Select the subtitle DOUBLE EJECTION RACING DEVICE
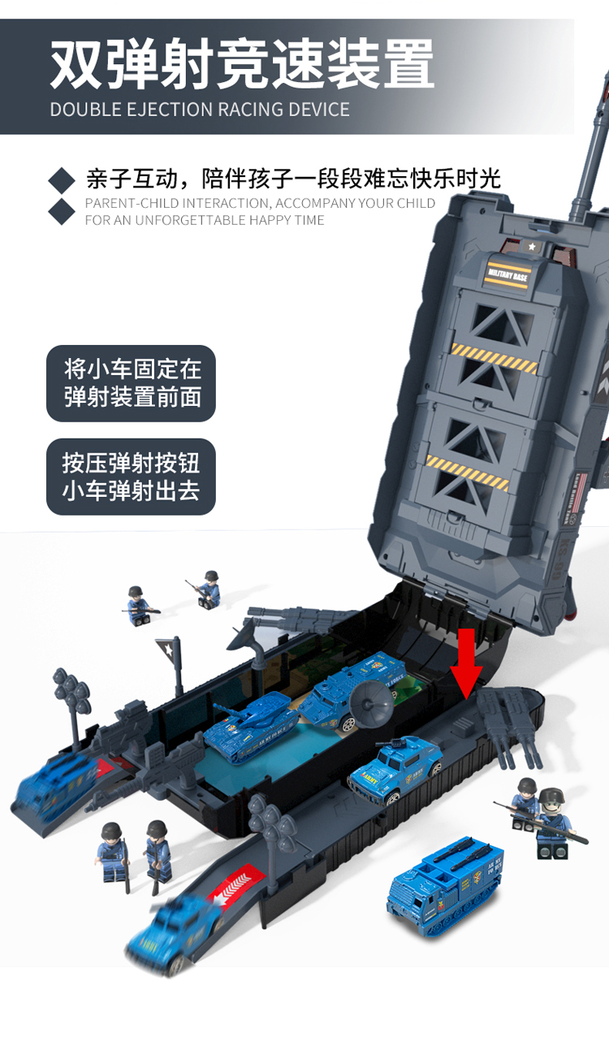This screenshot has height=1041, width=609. [200, 110]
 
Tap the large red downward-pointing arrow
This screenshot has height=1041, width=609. [467, 663]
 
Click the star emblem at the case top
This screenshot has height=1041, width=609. [533, 246]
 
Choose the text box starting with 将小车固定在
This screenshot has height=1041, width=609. [132, 383]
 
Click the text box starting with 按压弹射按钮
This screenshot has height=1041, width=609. [132, 477]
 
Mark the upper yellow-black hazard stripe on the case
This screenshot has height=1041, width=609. [495, 359]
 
